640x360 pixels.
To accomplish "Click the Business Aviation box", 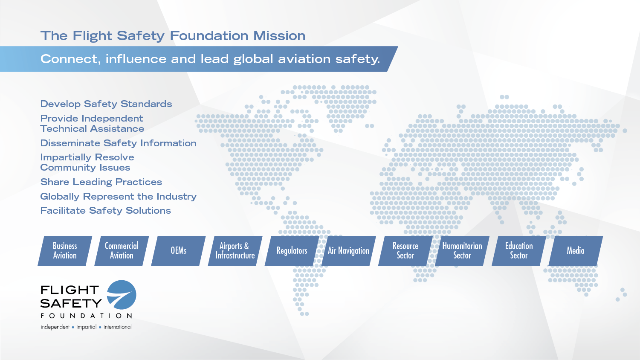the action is (65, 251).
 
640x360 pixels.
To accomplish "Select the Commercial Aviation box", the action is (122, 251).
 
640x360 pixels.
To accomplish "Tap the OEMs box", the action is (178, 251).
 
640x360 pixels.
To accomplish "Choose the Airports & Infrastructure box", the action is (235, 251).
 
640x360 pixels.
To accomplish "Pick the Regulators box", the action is (292, 251).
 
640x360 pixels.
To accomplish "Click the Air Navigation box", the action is (349, 251).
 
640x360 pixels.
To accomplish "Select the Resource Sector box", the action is (405, 251).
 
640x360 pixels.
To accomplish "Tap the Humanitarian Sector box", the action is (462, 251).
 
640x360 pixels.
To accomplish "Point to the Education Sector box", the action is (519, 251).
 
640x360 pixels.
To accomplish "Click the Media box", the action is (576, 251).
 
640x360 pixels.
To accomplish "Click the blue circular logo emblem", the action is (122, 295).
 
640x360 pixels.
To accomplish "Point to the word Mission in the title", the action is (279, 36).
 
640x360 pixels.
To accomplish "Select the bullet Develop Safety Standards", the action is (106, 104).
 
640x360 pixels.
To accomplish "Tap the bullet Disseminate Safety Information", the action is (118, 143).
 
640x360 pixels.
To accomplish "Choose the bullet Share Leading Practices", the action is (101, 182).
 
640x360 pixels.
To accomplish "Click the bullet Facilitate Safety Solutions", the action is (106, 211).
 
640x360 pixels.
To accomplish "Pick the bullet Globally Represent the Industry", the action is (118, 197).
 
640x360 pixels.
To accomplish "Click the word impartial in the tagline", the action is (86, 327).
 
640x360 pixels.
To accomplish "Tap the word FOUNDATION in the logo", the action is (86, 316).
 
